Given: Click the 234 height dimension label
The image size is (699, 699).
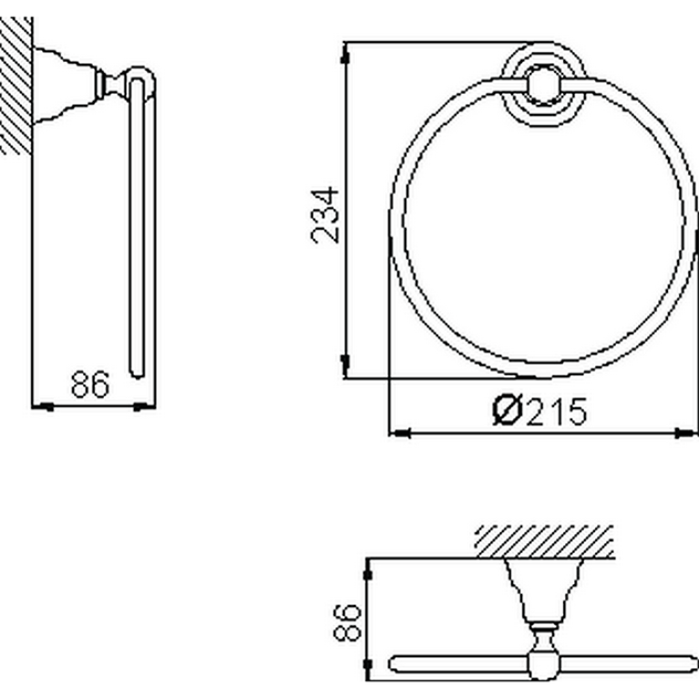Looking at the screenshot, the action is point(325,215).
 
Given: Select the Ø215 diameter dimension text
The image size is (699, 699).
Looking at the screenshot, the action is point(540,411).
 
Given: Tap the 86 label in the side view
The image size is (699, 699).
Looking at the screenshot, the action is point(90,385).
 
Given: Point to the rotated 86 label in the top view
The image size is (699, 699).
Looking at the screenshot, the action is point(347,622).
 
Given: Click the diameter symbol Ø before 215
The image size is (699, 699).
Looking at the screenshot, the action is point(508,411).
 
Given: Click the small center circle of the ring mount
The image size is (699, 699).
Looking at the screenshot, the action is point(543,85).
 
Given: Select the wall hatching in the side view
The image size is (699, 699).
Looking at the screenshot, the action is point(16,86).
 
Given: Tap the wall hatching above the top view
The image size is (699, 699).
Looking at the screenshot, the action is point(544,541).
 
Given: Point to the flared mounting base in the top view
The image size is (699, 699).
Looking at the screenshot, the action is point(544,590).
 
